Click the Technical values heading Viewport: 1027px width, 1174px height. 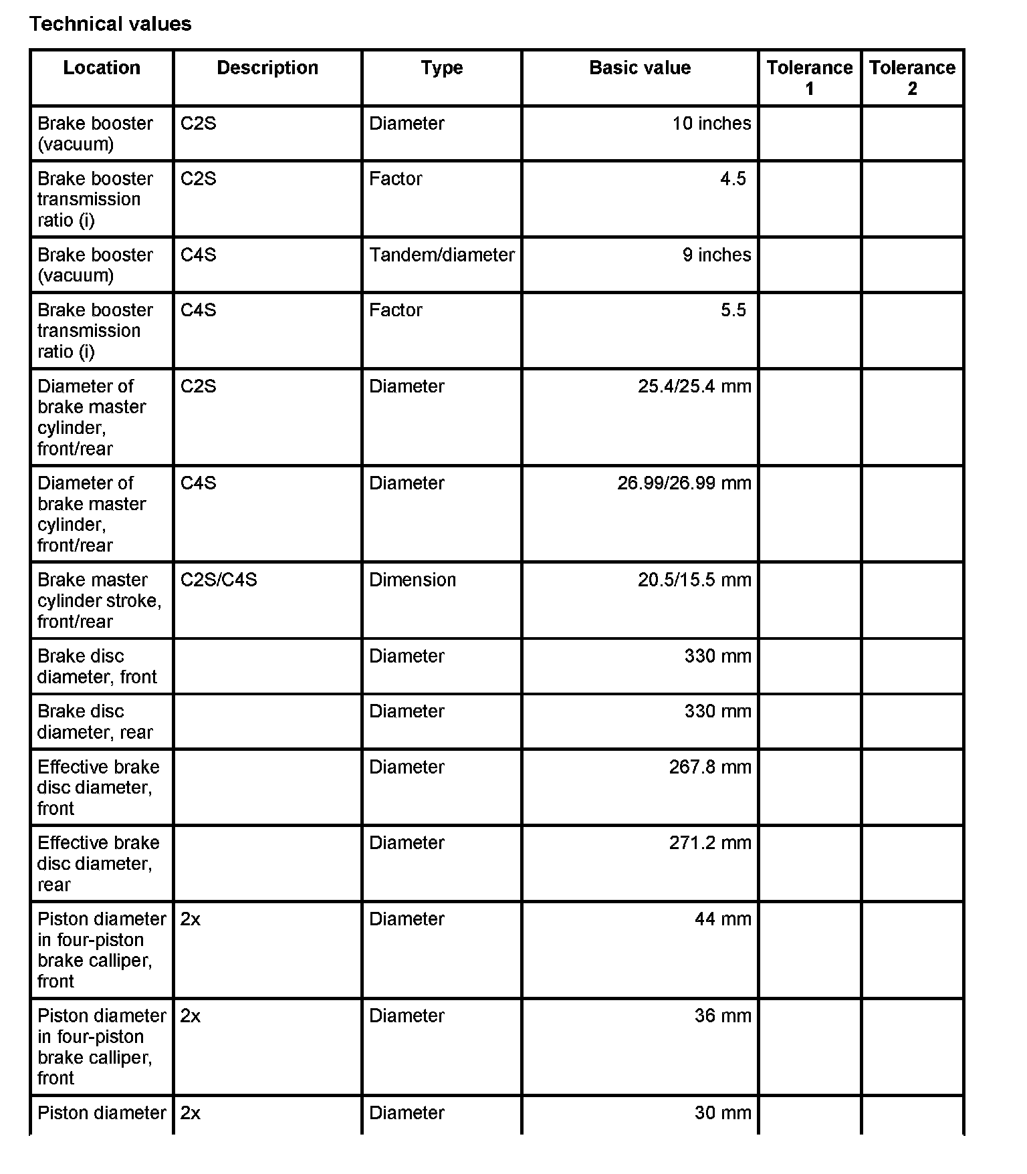tap(110, 24)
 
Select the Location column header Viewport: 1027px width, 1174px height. tap(102, 68)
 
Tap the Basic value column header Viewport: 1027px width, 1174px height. tap(640, 68)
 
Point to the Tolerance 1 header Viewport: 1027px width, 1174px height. tap(810, 78)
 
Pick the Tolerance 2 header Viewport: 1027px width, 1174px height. tap(912, 78)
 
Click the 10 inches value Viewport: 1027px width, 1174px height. tap(711, 124)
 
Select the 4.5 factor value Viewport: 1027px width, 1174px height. tap(733, 179)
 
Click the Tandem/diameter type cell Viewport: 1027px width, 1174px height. tap(442, 255)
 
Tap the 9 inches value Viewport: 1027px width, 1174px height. tap(717, 255)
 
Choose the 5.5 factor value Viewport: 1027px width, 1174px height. tap(733, 310)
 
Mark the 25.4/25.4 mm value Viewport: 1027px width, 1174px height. tap(694, 386)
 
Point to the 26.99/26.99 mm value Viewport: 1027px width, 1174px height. tap(684, 483)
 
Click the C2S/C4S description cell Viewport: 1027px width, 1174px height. tap(219, 580)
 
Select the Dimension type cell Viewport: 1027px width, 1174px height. tap(413, 580)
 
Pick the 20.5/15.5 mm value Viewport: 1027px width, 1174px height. tap(694, 580)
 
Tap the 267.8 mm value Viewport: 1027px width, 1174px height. tap(710, 767)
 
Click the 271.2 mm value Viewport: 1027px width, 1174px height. tap(710, 842)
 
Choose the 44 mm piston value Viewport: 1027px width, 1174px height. tap(723, 919)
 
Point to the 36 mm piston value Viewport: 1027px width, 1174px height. tap(723, 1016)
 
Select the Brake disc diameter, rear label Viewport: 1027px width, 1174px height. tap(96, 721)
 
